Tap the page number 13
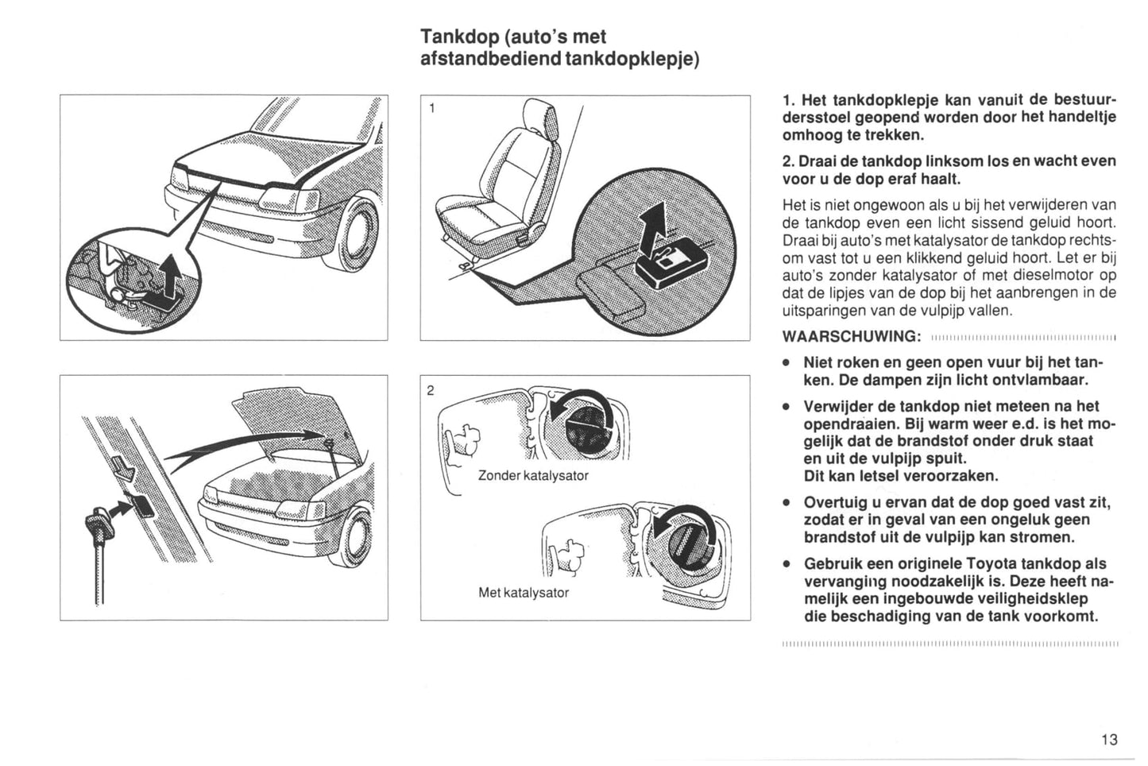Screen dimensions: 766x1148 [1109, 740]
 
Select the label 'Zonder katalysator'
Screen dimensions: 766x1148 [533, 475]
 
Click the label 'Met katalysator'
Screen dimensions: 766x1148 [524, 592]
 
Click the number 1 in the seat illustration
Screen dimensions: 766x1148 [431, 108]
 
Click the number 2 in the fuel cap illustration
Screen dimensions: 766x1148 [431, 389]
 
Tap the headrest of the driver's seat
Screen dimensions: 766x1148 [543, 117]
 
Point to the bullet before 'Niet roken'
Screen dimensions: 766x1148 [785, 362]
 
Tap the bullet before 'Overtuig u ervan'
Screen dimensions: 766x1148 [785, 503]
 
